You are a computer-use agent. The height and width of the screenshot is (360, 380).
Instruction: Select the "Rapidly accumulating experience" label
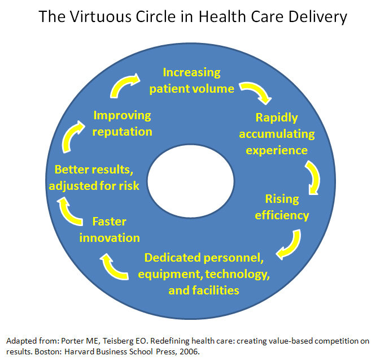277,134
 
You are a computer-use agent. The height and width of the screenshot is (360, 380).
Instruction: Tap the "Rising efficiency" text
282,207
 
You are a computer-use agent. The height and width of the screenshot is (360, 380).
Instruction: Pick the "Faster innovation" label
110,229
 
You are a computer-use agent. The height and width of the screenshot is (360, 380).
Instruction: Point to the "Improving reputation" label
123,123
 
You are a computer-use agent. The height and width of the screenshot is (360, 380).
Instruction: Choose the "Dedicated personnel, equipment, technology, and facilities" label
204,274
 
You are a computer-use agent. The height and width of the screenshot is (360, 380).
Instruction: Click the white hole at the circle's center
190,177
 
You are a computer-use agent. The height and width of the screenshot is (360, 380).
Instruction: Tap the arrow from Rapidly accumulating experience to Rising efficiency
312,177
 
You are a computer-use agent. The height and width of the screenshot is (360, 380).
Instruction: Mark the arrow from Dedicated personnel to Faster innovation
116,266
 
